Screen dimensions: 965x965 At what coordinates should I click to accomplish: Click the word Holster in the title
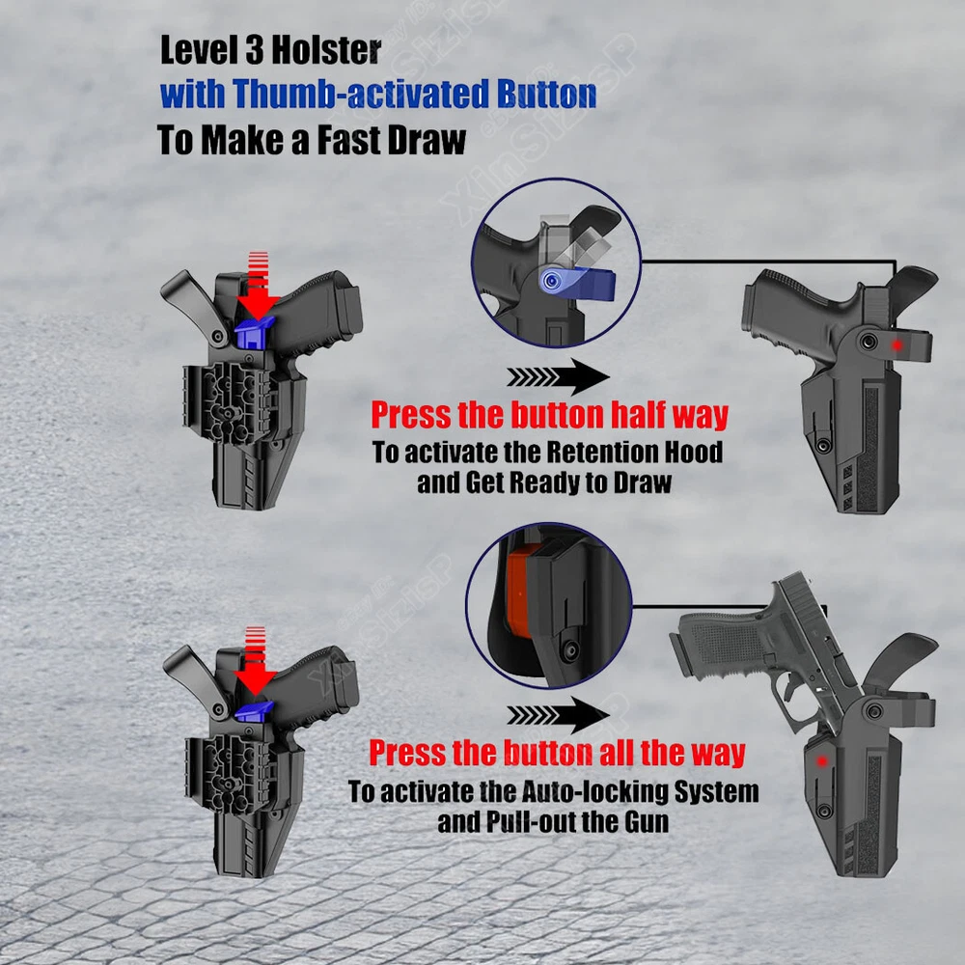pyautogui.click(x=325, y=50)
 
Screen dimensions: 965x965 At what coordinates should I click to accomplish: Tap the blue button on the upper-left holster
pyautogui.click(x=254, y=334)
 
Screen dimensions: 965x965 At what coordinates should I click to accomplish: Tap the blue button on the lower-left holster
pyautogui.click(x=254, y=711)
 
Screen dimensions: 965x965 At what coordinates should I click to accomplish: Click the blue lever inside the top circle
pyautogui.click(x=577, y=283)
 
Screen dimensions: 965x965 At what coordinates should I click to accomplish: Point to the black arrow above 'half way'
pyautogui.click(x=558, y=376)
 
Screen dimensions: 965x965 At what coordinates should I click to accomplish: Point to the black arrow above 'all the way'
pyautogui.click(x=558, y=715)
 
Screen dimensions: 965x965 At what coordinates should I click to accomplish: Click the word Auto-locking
pyautogui.click(x=594, y=791)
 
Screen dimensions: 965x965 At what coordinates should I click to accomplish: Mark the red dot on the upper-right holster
pyautogui.click(x=896, y=345)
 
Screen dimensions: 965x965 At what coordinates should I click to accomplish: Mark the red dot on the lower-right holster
pyautogui.click(x=821, y=762)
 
